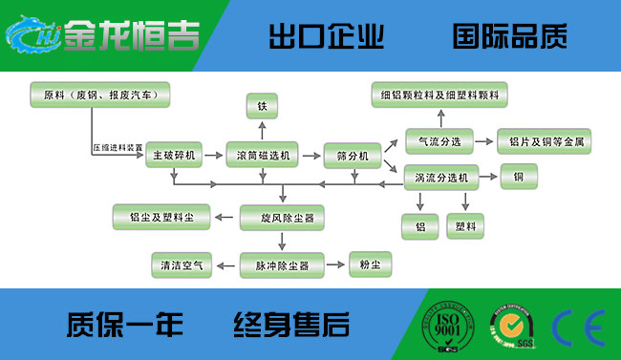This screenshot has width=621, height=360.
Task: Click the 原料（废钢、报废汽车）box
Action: pyautogui.click(x=100, y=95)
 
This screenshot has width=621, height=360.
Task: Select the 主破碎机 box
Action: pyautogui.click(x=173, y=154)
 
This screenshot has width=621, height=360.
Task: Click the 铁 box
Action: pyautogui.click(x=262, y=104)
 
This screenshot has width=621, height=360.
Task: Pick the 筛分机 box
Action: pyautogui.click(x=353, y=154)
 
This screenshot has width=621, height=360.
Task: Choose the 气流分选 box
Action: pyautogui.click(x=440, y=141)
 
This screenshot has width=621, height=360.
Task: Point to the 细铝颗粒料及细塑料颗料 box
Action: pyautogui.click(x=439, y=95)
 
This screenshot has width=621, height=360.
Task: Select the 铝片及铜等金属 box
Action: pyautogui.click(x=546, y=141)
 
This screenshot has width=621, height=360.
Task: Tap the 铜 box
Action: pyautogui.click(x=519, y=177)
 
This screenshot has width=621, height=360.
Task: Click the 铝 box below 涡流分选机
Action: pyautogui.click(x=420, y=226)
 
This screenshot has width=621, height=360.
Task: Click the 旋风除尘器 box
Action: pyautogui.click(x=282, y=218)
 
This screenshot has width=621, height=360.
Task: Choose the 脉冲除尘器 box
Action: pyautogui.click(x=282, y=264)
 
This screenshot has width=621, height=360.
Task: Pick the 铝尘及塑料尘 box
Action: pyautogui.click(x=161, y=218)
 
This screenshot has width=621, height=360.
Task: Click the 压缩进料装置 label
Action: pyautogui.click(x=118, y=148)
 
